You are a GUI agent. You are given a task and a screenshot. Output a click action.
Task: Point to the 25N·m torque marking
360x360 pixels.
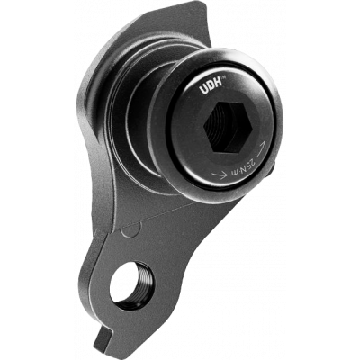pyautogui.click(x=243, y=167)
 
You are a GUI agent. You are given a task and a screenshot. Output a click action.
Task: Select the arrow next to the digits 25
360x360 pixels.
pyautogui.click(x=261, y=148)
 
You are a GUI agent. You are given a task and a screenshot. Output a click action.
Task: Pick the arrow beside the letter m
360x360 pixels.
pyautogui.click(x=220, y=175)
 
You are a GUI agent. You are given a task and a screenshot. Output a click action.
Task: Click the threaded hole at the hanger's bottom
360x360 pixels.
pyautogui.click(x=130, y=286)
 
